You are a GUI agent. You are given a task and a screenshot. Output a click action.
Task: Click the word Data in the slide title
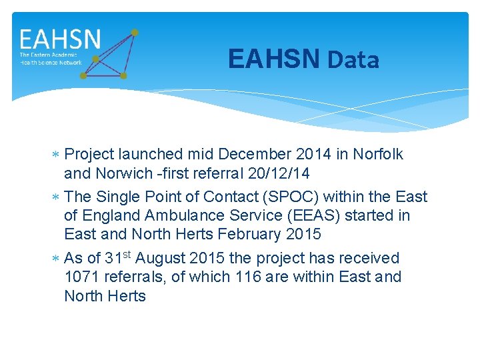coord(353,60)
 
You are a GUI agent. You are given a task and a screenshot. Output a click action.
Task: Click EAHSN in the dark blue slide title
coord(274,59)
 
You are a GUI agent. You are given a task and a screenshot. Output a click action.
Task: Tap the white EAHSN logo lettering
coord(60,39)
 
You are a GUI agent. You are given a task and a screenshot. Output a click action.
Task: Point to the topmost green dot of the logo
coord(135,32)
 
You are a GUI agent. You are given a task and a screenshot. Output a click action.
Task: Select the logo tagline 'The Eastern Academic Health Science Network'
coord(51,59)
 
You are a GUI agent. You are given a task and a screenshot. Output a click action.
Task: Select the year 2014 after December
coord(314,154)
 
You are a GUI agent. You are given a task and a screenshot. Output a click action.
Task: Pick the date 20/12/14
coord(279,173)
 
